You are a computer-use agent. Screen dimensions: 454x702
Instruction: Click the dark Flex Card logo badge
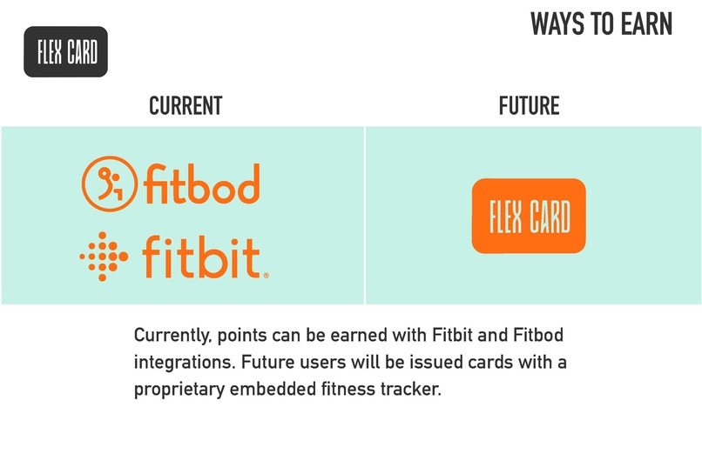pyautogui.click(x=66, y=52)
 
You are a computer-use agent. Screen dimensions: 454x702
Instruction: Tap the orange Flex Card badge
pyautogui.click(x=529, y=217)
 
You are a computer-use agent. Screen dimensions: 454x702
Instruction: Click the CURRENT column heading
pyautogui.click(x=186, y=106)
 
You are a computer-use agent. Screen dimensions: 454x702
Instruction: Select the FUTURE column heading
pyautogui.click(x=529, y=106)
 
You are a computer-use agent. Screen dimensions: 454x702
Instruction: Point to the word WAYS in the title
pyautogui.click(x=560, y=24)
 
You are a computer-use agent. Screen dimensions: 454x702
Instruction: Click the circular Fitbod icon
pyautogui.click(x=110, y=184)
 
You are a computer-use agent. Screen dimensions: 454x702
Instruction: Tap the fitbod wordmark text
pyautogui.click(x=202, y=184)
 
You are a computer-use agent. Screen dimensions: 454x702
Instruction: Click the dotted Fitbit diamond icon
pyautogui.click(x=105, y=257)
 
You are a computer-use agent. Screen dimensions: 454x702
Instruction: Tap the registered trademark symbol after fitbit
pyautogui.click(x=266, y=275)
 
